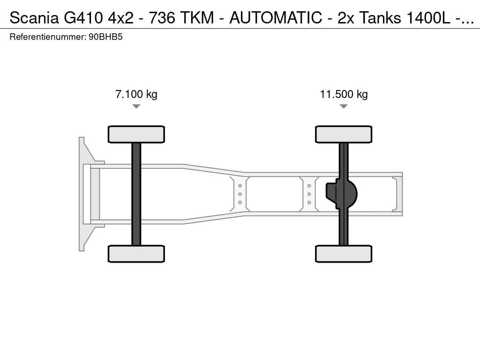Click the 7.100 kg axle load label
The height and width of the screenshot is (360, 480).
tap(136, 94)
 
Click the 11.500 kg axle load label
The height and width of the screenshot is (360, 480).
tap(344, 94)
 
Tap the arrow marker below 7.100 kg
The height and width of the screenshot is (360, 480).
tap(136, 106)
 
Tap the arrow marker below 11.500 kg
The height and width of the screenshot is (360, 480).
tap(344, 106)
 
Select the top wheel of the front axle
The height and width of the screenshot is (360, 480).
tap(136, 135)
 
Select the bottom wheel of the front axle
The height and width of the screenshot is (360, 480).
tap(136, 254)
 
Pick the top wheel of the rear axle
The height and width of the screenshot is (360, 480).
tap(344, 135)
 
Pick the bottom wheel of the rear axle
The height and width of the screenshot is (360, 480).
tap(344, 254)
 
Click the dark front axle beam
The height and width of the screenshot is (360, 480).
tap(136, 194)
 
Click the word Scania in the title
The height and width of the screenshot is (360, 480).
tap(34, 18)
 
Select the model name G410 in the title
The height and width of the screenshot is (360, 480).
tap(83, 18)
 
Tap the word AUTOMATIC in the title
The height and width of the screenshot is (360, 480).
tap(276, 18)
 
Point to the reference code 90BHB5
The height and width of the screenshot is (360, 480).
tap(105, 37)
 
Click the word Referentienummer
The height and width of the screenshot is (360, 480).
tap(48, 37)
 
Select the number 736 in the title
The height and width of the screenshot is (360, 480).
tap(162, 18)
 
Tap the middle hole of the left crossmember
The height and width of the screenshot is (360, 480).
tap(240, 194)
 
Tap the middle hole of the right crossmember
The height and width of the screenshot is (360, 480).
tap(309, 194)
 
